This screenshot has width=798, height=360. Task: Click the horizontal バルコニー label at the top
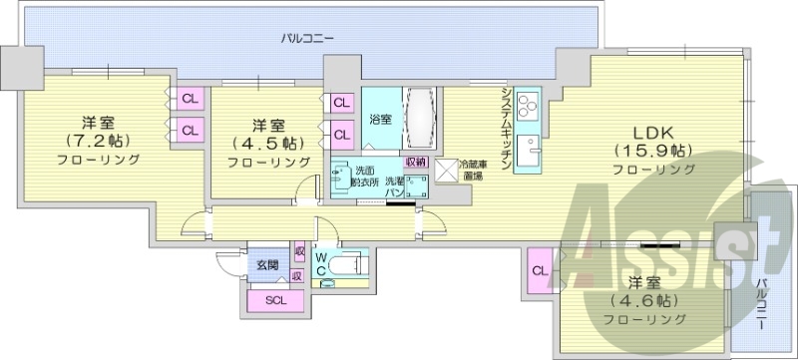(307, 38)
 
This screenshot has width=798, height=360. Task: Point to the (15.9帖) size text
(653, 152)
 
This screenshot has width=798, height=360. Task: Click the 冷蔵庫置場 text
(473, 171)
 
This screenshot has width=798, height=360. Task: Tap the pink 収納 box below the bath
(416, 161)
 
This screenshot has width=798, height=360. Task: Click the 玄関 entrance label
(266, 265)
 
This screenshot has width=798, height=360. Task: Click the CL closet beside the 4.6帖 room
(539, 270)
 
